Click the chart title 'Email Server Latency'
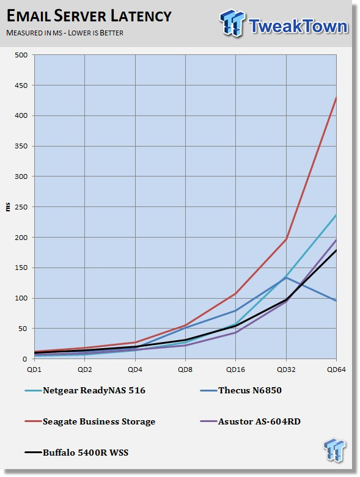(x=89, y=16)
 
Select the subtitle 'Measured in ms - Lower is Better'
(x=65, y=33)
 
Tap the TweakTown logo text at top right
(x=298, y=26)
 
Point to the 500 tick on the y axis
(x=21, y=55)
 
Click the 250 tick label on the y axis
(x=21, y=207)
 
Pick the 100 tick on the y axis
(x=21, y=299)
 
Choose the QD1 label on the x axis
(x=34, y=370)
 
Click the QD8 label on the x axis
(x=185, y=370)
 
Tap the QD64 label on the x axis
(x=336, y=370)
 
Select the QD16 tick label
(x=235, y=370)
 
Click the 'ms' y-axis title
(x=8, y=207)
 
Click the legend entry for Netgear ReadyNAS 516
(x=85, y=390)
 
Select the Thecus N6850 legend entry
(x=241, y=390)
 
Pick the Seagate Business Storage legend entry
(x=90, y=421)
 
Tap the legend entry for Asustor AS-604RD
(x=251, y=421)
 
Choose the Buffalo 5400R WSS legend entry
(x=76, y=453)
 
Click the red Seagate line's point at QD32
(x=286, y=239)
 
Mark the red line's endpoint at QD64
(x=336, y=97)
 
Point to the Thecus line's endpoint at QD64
(x=336, y=301)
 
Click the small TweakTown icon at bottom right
(x=335, y=449)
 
